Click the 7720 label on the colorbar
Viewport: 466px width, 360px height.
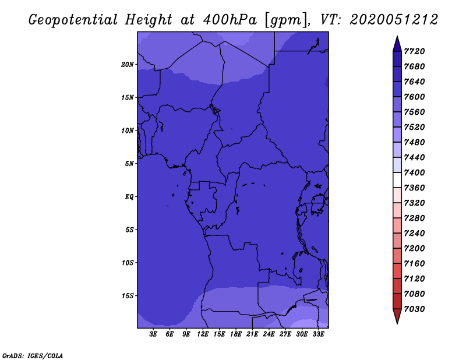(414, 51)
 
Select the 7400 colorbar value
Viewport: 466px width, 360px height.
(414, 172)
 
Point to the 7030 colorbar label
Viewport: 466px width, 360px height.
(414, 309)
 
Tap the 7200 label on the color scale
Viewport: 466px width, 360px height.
(414, 249)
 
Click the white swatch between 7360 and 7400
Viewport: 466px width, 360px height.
(397, 180)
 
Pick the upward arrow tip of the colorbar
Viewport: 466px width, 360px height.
(397, 36)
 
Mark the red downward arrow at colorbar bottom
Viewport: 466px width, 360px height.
(397, 316)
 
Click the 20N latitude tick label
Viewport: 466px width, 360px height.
(128, 65)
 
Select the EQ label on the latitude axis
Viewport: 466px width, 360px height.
(129, 197)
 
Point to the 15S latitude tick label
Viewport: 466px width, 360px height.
(128, 296)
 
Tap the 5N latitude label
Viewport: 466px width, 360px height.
(129, 164)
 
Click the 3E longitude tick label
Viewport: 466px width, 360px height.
(153, 334)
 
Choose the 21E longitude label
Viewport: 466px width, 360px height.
(252, 334)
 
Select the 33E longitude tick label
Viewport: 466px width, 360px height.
(318, 334)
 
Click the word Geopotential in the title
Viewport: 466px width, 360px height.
(73, 20)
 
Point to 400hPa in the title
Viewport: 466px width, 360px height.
(230, 20)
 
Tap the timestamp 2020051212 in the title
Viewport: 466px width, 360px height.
(394, 20)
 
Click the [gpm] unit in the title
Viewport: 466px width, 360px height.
(286, 20)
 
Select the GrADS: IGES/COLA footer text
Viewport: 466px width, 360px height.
(33, 356)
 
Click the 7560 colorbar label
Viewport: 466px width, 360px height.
(414, 112)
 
